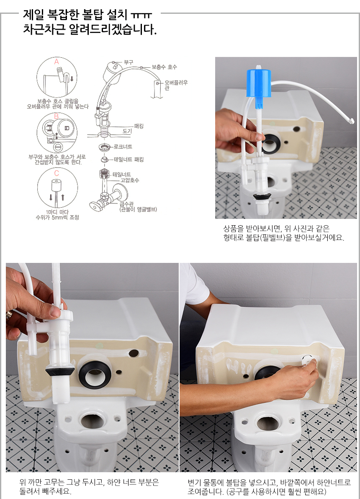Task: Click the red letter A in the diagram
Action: pos(57,62)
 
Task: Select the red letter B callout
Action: pos(57,116)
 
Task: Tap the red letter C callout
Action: pos(57,173)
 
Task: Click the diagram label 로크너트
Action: pos(123,147)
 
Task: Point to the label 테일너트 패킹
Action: pos(129,159)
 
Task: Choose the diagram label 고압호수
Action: pos(129,180)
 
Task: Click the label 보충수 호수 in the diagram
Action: pos(164,67)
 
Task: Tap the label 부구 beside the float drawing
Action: pos(128,62)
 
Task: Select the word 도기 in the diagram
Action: pos(127,131)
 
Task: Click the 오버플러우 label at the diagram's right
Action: pos(176,82)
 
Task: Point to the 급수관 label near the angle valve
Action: pos(126,204)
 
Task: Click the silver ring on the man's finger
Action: pos(9,315)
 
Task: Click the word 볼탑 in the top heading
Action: pos(92,14)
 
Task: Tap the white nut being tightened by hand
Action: pos(308,360)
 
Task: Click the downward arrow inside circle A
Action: pos(72,79)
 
